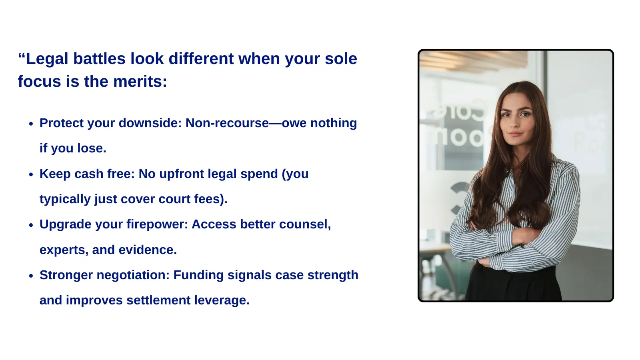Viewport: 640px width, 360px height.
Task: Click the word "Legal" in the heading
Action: pyautogui.click(x=47, y=59)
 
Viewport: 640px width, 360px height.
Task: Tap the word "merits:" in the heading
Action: pyautogui.click(x=140, y=82)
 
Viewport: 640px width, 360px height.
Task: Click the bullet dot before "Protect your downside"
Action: pyautogui.click(x=31, y=124)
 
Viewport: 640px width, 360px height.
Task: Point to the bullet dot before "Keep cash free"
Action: pyautogui.click(x=31, y=174)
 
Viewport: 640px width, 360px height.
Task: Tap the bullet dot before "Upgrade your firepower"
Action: pyautogui.click(x=31, y=225)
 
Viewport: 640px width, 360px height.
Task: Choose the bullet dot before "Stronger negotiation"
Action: pyautogui.click(x=31, y=276)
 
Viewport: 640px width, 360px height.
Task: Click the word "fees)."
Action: pyautogui.click(x=211, y=199)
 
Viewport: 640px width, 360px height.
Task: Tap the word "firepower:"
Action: pyautogui.click(x=157, y=224)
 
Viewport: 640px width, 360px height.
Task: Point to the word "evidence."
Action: pyautogui.click(x=148, y=250)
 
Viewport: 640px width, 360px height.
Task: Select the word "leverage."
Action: pyautogui.click(x=222, y=300)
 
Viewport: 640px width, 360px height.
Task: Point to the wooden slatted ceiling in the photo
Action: pyautogui.click(x=473, y=60)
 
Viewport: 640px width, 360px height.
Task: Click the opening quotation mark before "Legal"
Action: pyautogui.click(x=22, y=55)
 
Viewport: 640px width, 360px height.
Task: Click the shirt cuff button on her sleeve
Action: pyautogui.click(x=505, y=248)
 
